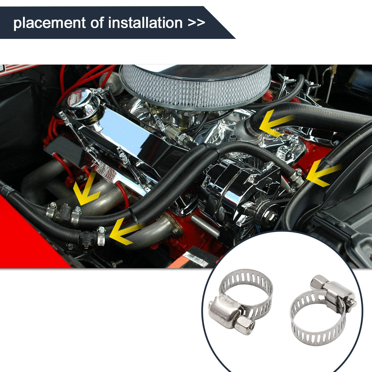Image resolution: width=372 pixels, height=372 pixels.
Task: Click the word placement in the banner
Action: (x=49, y=23)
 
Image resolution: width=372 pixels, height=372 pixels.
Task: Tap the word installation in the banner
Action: (x=145, y=23)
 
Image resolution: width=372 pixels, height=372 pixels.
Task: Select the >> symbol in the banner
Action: (x=196, y=23)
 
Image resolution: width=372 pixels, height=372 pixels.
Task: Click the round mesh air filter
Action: (x=195, y=86)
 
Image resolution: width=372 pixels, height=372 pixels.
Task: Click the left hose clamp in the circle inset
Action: (x=240, y=301)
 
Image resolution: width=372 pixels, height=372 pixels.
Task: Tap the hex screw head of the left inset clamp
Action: (x=245, y=325)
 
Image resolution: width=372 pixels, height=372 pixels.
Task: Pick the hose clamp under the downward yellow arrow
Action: (x=76, y=216)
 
